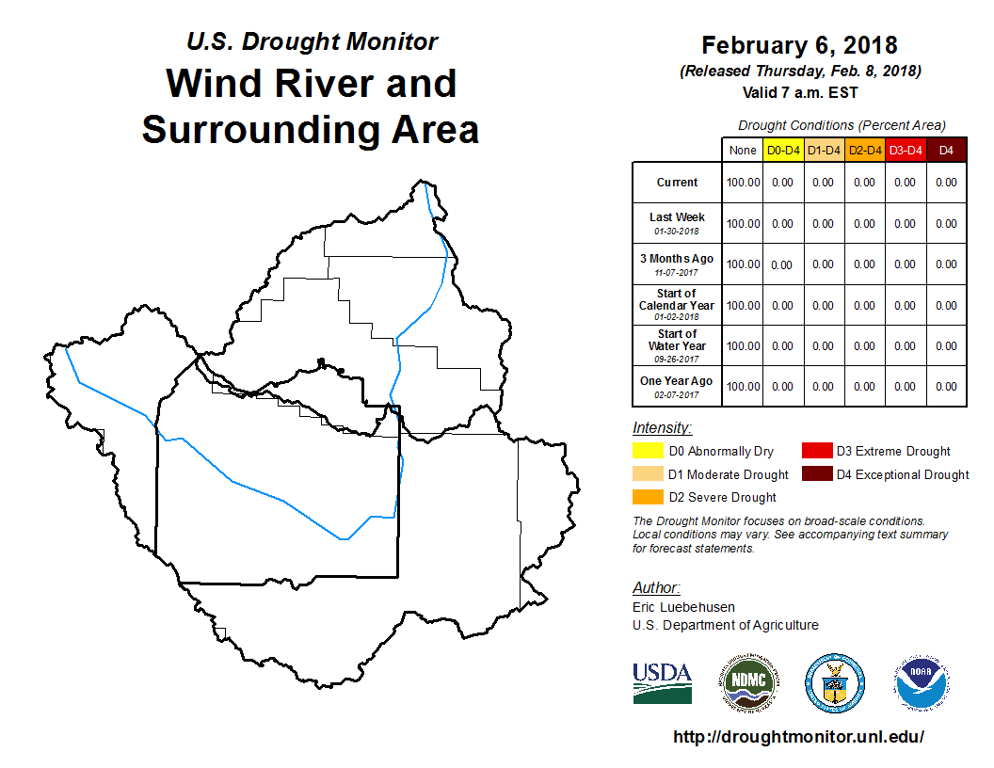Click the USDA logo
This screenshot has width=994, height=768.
click(x=662, y=683)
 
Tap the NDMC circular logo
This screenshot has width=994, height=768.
click(x=748, y=683)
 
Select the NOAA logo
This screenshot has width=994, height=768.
click(x=922, y=683)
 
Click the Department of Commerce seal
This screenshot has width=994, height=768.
click(x=835, y=683)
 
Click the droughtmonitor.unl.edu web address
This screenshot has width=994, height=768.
click(x=798, y=736)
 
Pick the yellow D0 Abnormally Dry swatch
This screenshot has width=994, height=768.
click(x=648, y=451)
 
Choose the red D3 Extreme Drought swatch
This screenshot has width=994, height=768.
click(x=816, y=451)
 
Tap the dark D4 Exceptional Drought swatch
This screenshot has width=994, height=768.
click(x=816, y=474)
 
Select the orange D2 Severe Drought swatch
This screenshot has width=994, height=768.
click(x=648, y=497)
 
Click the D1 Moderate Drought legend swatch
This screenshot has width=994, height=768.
click(x=648, y=474)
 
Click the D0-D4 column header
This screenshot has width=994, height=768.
click(x=783, y=151)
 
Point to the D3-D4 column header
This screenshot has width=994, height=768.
click(x=906, y=151)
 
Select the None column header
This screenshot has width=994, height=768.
click(x=743, y=151)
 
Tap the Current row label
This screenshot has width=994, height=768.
click(x=677, y=183)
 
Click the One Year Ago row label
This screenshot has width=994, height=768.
click(x=677, y=381)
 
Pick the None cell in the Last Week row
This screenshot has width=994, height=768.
click(x=743, y=224)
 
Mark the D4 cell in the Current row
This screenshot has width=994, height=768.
click(x=946, y=183)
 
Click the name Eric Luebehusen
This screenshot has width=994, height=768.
click(x=683, y=607)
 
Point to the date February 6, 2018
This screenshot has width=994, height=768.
click(x=799, y=45)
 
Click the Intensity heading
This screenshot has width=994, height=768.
click(x=662, y=427)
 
